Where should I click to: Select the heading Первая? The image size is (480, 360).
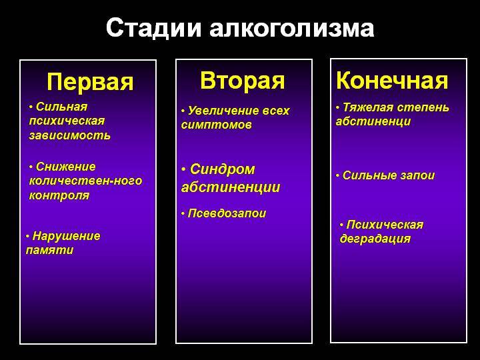(x=90, y=83)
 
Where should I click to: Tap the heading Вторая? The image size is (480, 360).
(x=243, y=81)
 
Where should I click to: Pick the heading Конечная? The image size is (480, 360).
(x=392, y=81)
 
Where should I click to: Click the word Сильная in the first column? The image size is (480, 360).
(x=62, y=107)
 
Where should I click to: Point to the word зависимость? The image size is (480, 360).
(x=70, y=135)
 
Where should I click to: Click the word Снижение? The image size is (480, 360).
(x=66, y=167)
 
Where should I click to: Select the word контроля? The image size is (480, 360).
(x=59, y=196)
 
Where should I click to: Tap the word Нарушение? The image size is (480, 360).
(x=67, y=236)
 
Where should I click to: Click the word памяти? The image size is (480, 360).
(x=49, y=251)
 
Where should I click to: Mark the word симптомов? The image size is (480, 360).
(x=217, y=125)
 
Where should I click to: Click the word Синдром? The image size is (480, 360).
(x=223, y=169)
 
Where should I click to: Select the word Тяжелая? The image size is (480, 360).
(x=367, y=107)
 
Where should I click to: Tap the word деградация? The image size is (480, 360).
(x=375, y=239)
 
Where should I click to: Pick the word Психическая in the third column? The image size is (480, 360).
(x=385, y=225)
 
